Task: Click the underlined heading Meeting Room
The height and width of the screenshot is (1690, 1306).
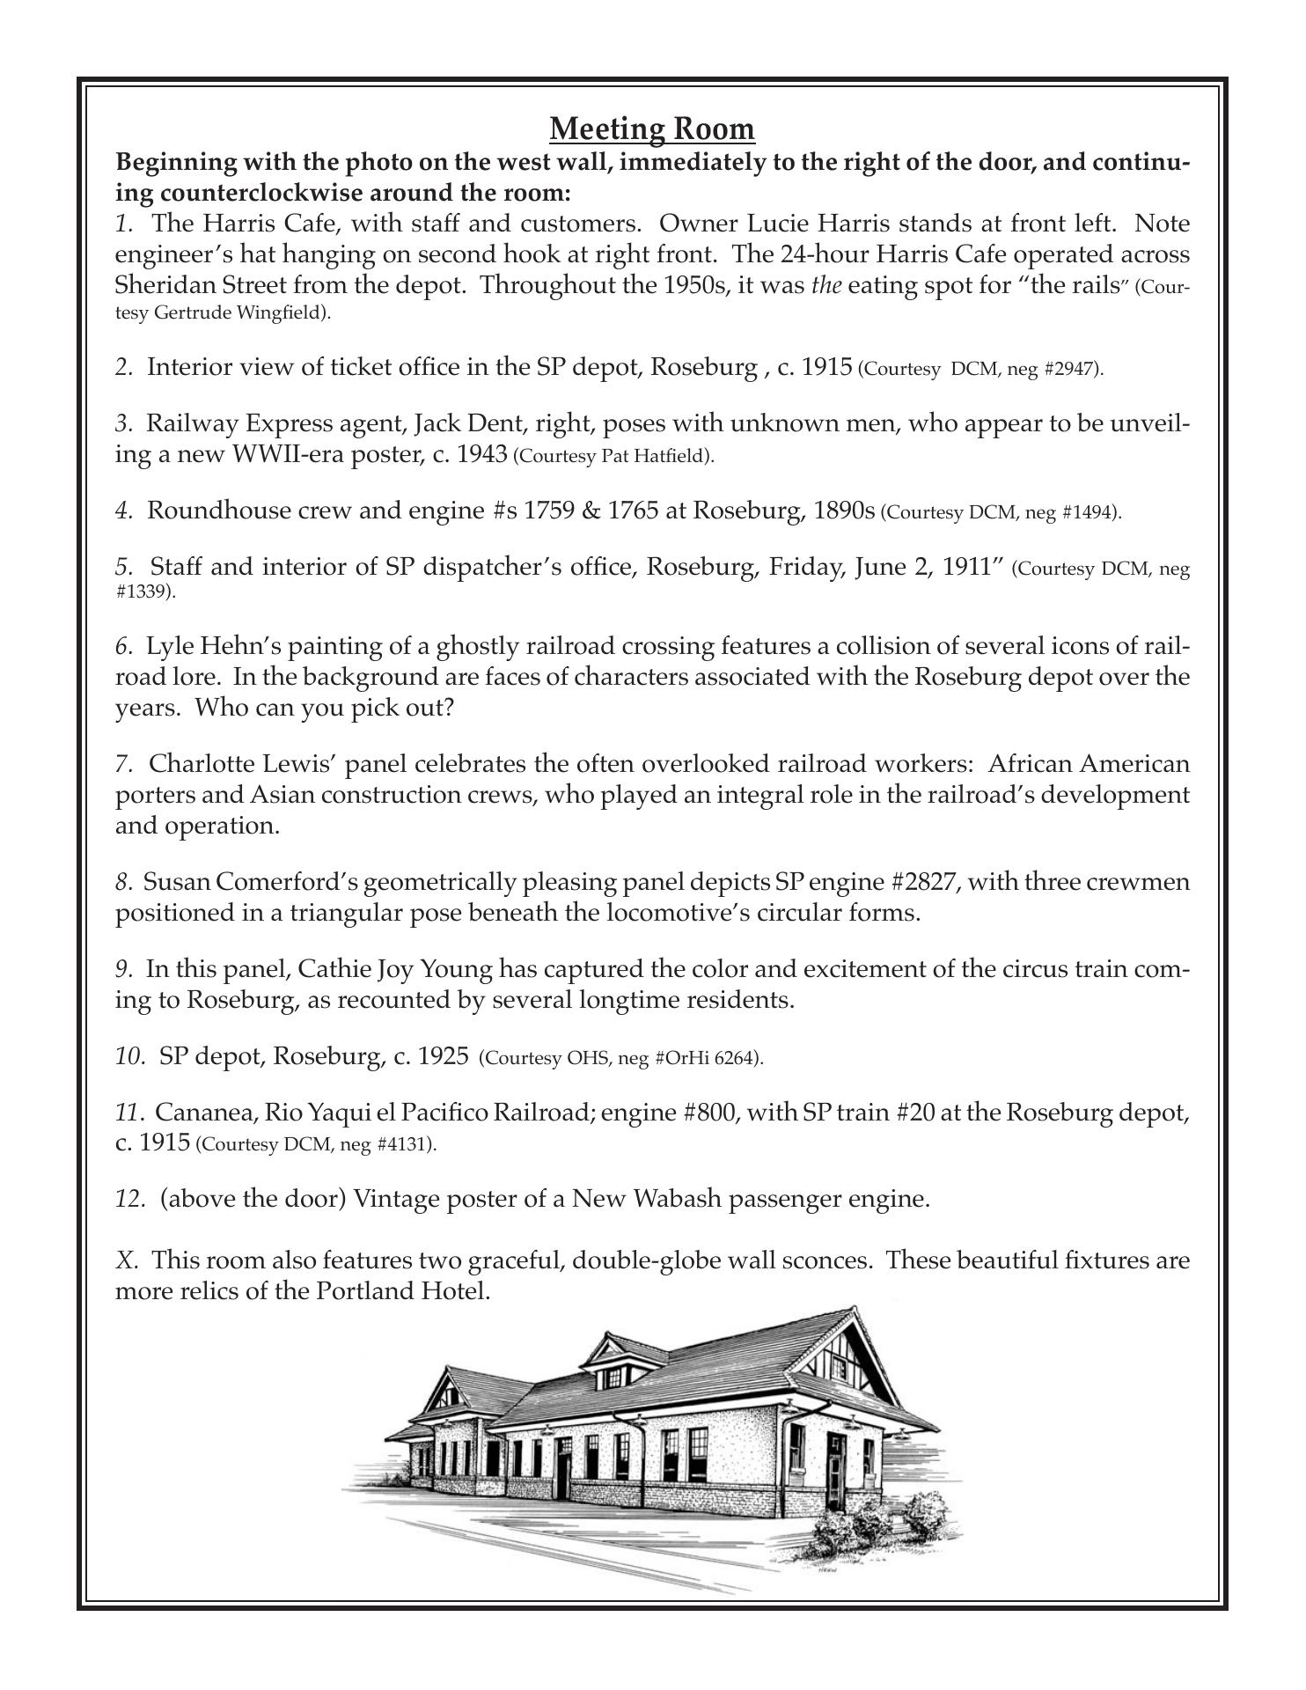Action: (x=652, y=129)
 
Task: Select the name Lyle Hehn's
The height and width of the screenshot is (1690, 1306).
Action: (x=206, y=647)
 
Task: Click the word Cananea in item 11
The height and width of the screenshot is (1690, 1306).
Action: (x=199, y=1113)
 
